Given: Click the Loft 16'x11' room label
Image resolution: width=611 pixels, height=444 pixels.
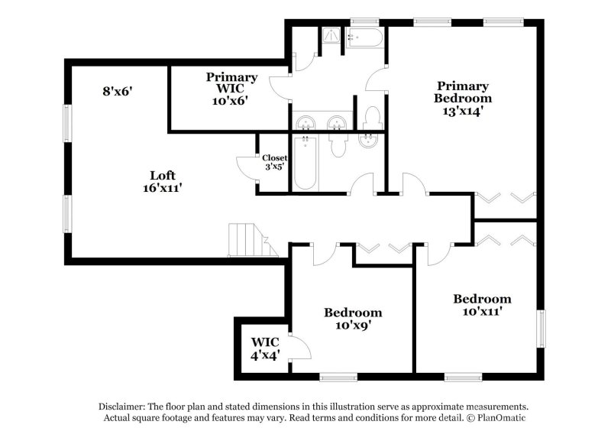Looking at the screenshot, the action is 163,181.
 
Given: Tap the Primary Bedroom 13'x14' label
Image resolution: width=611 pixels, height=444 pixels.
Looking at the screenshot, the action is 463,98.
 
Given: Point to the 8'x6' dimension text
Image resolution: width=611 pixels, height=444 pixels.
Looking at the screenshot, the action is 118,91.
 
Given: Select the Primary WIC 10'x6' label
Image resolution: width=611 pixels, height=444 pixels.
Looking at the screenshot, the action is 231,89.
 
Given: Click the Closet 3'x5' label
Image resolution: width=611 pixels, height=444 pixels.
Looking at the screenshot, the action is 275,162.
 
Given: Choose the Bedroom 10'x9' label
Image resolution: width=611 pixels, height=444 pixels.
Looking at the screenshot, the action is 353,319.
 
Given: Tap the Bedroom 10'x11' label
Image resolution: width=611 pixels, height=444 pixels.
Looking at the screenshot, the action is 482,305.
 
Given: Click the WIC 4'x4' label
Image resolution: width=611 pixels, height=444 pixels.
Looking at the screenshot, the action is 265,348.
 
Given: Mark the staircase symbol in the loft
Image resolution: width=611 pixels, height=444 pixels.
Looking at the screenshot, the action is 253,240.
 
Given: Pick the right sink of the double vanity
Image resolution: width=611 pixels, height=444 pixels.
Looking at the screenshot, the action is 337,124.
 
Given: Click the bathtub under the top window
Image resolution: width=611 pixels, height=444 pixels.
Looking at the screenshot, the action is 365,37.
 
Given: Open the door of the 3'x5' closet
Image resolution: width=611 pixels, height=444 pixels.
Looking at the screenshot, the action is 247,168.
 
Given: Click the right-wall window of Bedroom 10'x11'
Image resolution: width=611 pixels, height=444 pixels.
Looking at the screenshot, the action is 541,329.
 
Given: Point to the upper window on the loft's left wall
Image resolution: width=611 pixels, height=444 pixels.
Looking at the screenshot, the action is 68,124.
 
